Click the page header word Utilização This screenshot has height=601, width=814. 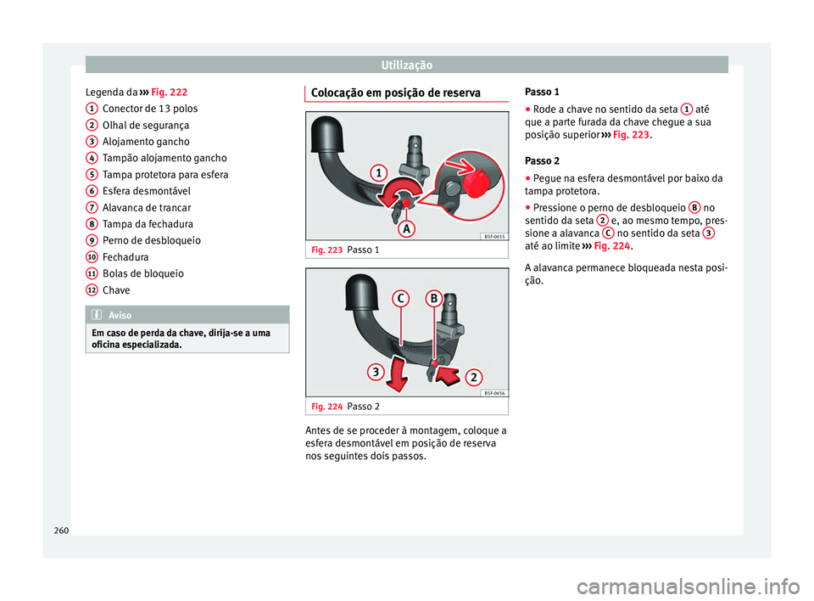click(x=406, y=65)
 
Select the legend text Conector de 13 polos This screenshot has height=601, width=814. click(x=149, y=109)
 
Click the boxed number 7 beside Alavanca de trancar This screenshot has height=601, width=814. click(x=90, y=207)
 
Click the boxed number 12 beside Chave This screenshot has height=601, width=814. click(x=90, y=289)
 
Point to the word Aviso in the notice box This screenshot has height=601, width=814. click(x=121, y=315)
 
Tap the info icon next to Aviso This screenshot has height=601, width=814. click(x=98, y=315)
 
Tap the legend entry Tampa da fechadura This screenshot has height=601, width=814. click(x=142, y=224)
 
